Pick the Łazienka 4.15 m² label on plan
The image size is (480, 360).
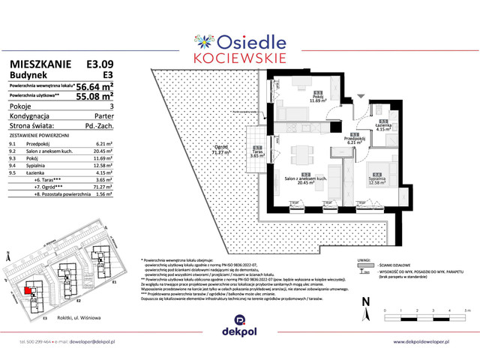coord(382,126)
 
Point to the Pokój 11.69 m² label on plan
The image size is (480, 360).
coord(319,97)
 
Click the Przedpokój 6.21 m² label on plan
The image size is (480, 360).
coord(355,139)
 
